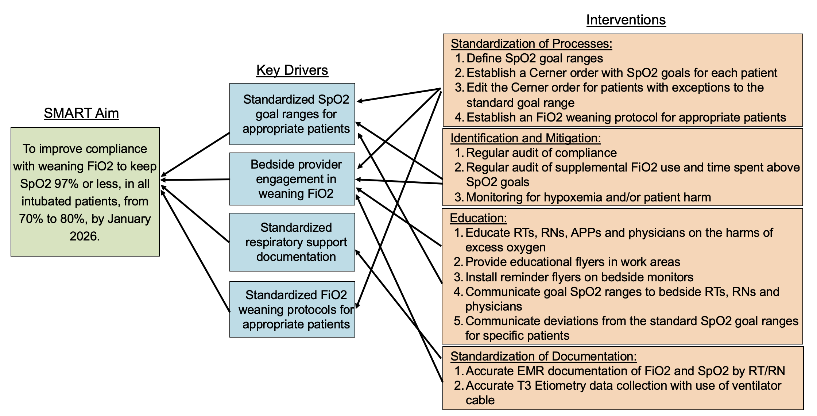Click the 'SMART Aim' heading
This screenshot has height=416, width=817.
tap(81, 113)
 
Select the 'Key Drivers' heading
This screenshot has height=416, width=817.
tap(292, 70)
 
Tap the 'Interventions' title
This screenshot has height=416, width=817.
tap(626, 20)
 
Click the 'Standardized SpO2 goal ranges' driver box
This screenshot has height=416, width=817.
tap(292, 114)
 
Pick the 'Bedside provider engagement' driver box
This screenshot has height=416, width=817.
tap(292, 179)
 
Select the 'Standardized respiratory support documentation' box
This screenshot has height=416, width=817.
tap(292, 242)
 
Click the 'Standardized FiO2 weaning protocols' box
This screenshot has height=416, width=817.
tap(292, 309)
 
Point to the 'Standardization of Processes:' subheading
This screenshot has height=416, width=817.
tap(531, 43)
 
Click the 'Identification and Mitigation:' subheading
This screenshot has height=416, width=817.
tap(526, 138)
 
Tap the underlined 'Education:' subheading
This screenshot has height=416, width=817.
tap(478, 218)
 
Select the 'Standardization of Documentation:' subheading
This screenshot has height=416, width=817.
tap(543, 356)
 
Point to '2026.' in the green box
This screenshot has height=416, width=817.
tap(85, 236)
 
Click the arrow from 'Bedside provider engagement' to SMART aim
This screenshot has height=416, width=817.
tap(195, 180)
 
